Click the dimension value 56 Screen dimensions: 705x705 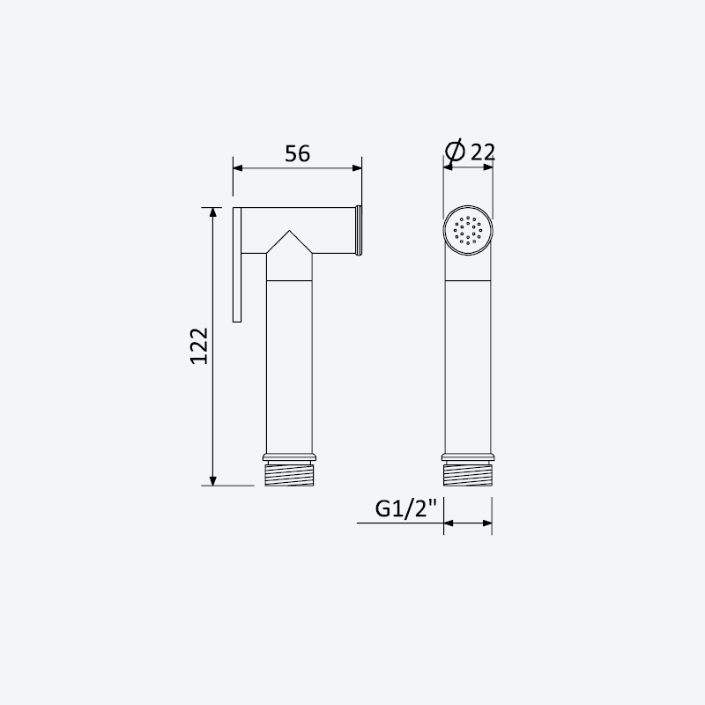point(297,153)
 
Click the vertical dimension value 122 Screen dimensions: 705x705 point(199,345)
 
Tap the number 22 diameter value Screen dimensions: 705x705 point(482,152)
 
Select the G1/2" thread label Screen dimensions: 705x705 point(405,509)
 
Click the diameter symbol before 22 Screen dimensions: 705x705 point(455,151)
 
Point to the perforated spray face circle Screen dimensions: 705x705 point(468,230)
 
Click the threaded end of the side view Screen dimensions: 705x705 point(289,475)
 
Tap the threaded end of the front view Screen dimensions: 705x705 point(468,475)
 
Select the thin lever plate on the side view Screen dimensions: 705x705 point(237,265)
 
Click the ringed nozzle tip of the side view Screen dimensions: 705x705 point(359,230)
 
